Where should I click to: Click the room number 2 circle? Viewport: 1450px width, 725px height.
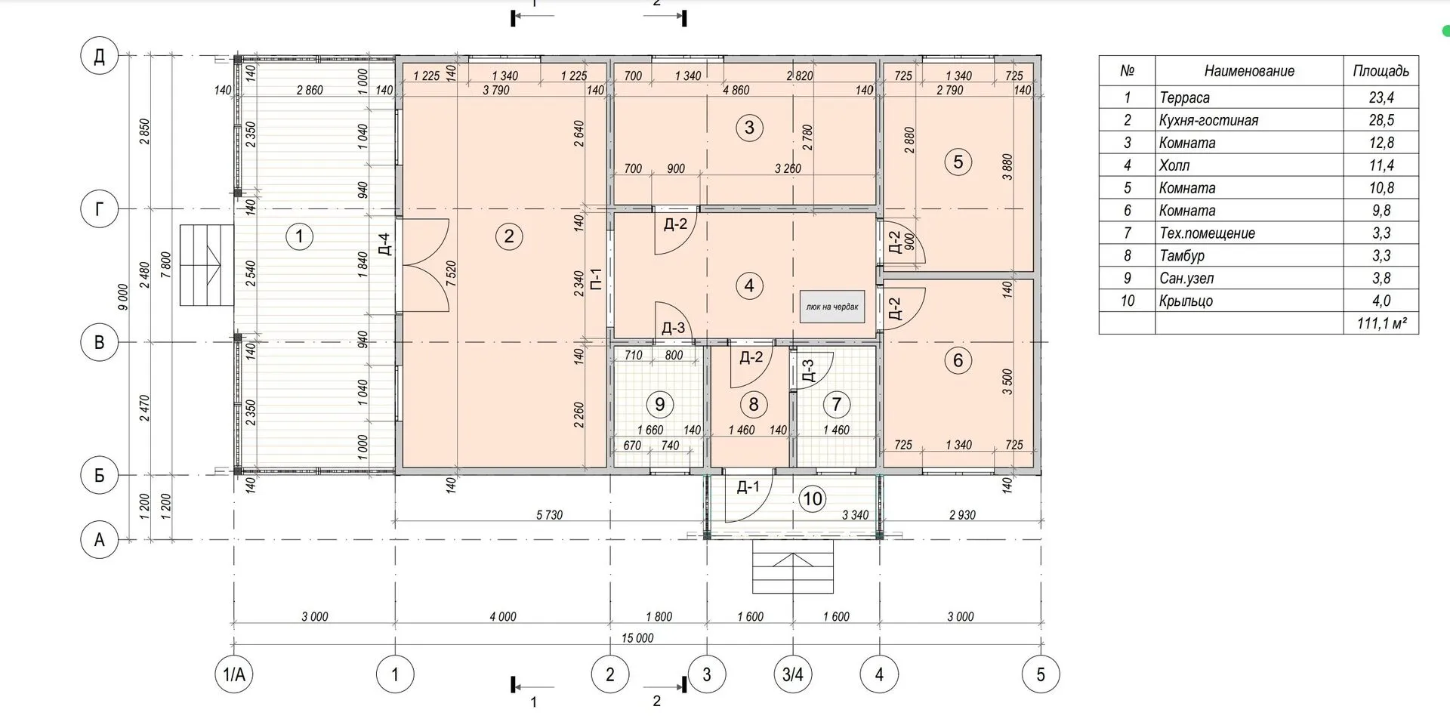point(508,236)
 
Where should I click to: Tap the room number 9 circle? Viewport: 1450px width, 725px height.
point(659,404)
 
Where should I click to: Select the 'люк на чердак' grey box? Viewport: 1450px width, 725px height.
point(831,307)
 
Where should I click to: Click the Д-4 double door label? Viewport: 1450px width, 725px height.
point(384,244)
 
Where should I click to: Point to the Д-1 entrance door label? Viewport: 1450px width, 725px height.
point(748,486)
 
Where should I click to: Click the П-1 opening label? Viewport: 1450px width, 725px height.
point(595,281)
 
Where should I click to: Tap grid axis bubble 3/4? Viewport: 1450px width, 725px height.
point(793,674)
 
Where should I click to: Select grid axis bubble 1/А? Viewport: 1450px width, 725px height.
point(234,674)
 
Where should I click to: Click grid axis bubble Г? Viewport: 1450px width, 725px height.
point(100,208)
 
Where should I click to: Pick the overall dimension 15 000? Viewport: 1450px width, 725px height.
point(637,638)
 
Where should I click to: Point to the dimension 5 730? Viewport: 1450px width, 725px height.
point(549,515)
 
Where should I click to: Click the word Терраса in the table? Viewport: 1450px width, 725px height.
point(1184,97)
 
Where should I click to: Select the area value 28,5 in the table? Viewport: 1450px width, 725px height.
point(1381,120)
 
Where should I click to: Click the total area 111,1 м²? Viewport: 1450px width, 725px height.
point(1381,323)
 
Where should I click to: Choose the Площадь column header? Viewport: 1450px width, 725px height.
point(1381,71)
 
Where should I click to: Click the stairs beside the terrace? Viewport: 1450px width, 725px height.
point(206,265)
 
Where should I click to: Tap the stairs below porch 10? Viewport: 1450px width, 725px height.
point(794,566)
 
